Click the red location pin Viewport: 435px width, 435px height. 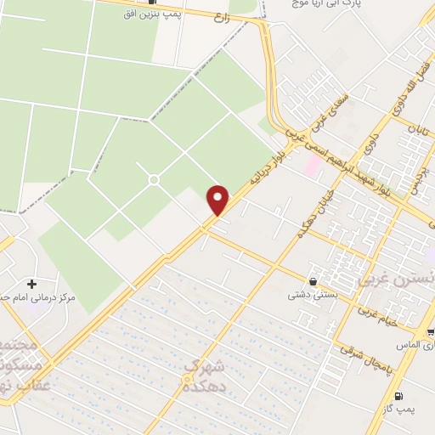218,199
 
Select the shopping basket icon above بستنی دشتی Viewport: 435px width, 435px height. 314,280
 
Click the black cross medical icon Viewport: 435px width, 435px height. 31,283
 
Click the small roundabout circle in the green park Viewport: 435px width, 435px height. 154,179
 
